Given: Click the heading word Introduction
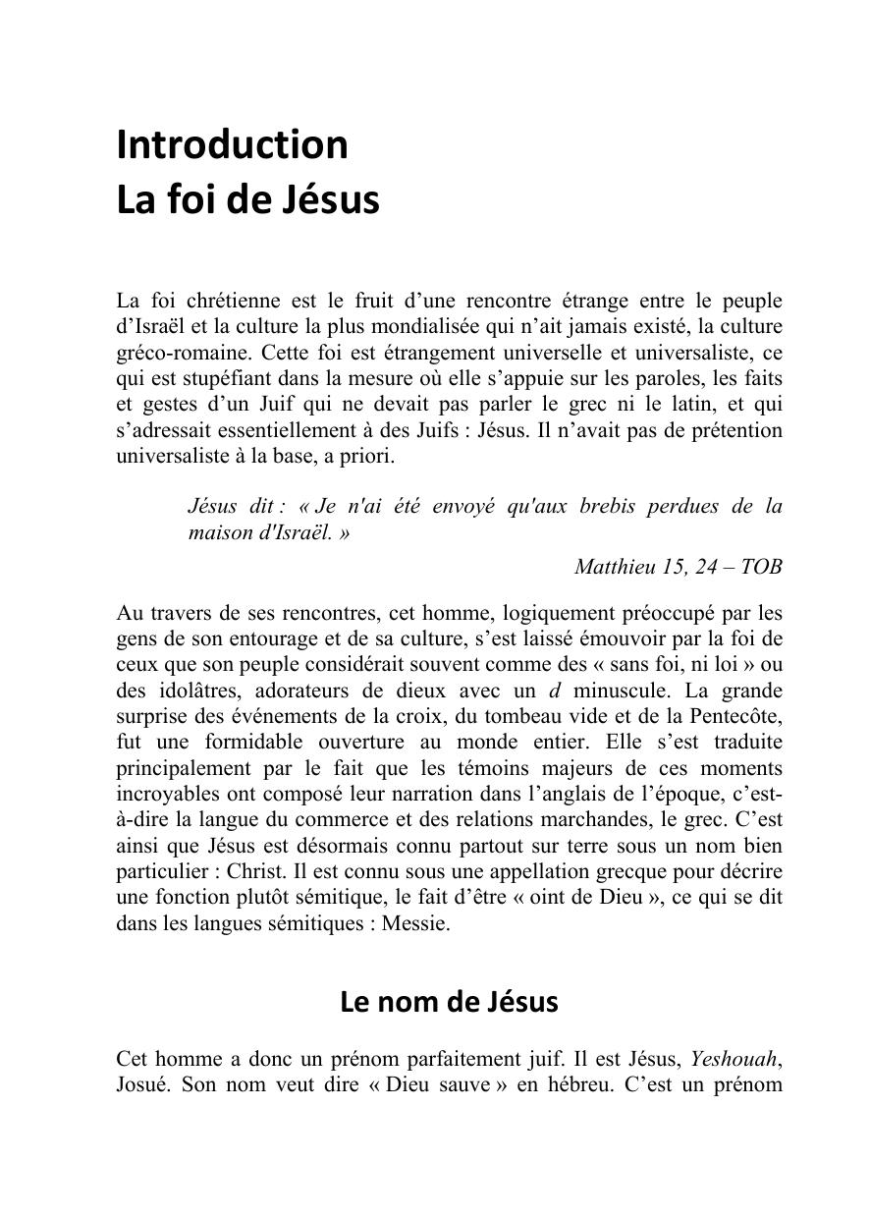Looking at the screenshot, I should [232, 144].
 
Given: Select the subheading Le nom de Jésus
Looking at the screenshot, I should [449, 1002].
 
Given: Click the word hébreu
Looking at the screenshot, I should [578, 1085].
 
